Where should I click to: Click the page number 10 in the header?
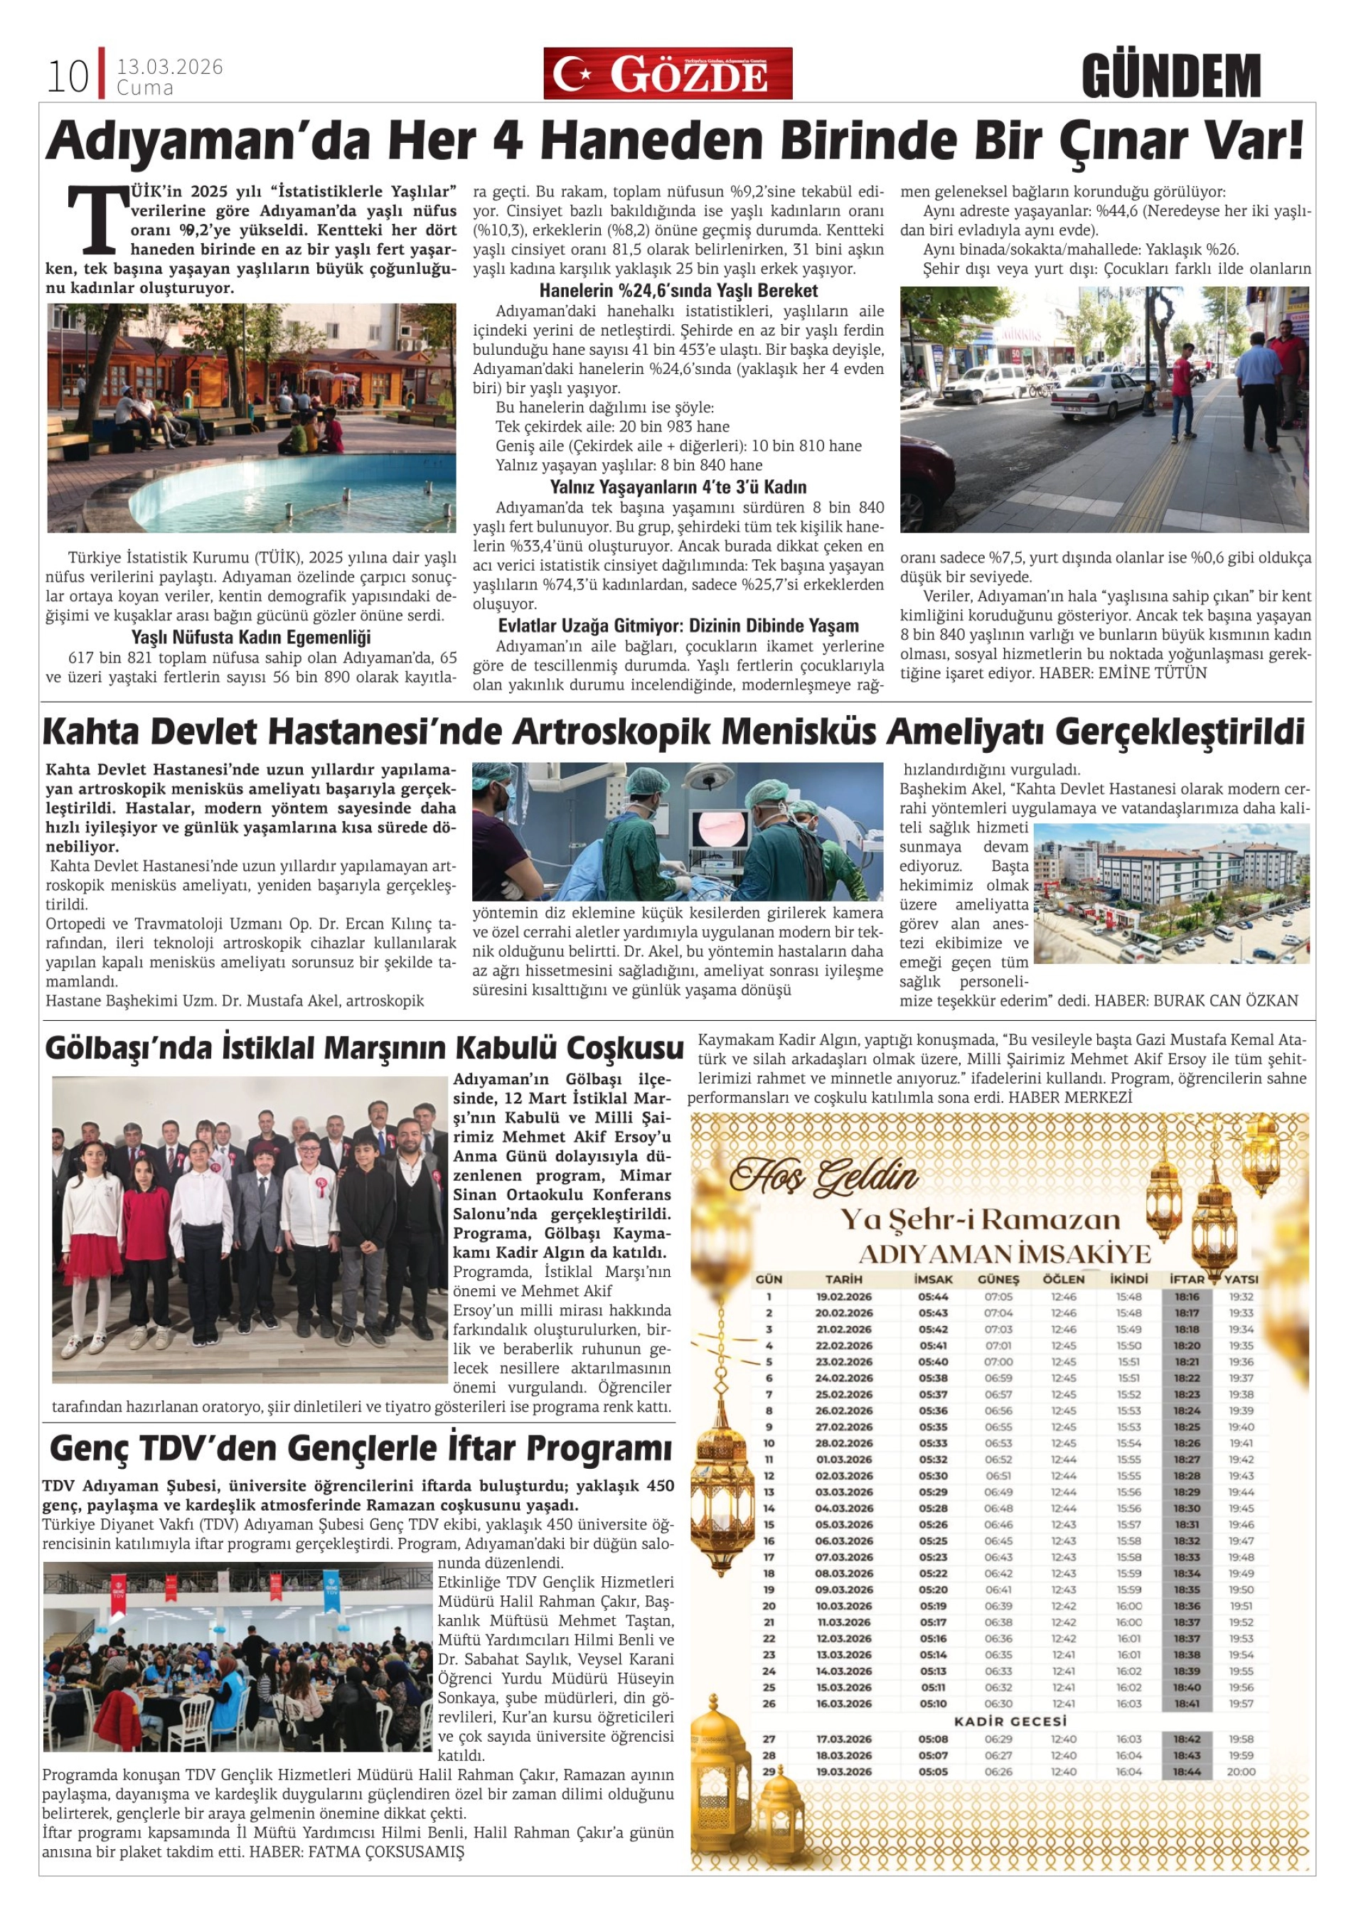68,77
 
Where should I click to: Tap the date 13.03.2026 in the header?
170,67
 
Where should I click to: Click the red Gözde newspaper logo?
668,74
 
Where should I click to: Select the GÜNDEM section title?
1171,77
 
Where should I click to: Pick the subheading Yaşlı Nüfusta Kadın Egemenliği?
250,638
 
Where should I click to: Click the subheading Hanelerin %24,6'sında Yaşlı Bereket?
678,291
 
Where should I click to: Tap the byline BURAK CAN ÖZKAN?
1224,1000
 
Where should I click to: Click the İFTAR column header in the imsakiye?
1186,1278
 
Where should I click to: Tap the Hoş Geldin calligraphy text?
823,1176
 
